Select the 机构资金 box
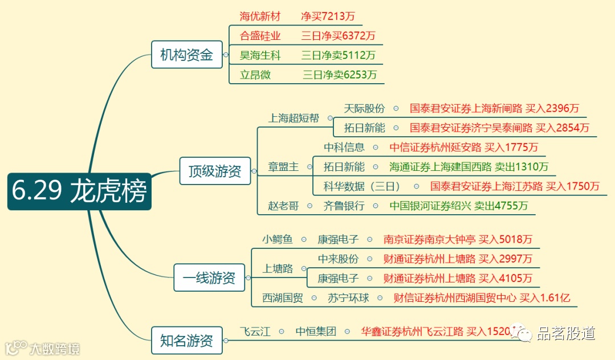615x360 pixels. click(186, 55)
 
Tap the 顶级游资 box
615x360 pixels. click(215, 171)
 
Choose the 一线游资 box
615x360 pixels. click(209, 278)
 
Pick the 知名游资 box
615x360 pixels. click(186, 341)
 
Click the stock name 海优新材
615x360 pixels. click(260, 17)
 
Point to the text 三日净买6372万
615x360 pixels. click(339, 36)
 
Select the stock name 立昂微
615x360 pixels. click(255, 75)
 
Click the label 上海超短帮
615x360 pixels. click(294, 118)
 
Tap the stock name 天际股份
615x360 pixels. click(364, 108)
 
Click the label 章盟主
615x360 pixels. click(283, 167)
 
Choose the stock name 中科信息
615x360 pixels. click(344, 147)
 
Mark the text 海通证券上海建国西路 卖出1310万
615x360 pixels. click(469, 167)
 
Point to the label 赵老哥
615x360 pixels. click(283, 206)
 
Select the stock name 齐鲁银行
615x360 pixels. click(344, 206)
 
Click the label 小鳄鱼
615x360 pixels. click(278, 240)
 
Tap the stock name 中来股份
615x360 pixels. click(338, 259)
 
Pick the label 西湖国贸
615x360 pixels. click(283, 297)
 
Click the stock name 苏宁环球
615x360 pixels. click(348, 297)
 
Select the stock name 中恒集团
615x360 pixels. click(316, 332)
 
